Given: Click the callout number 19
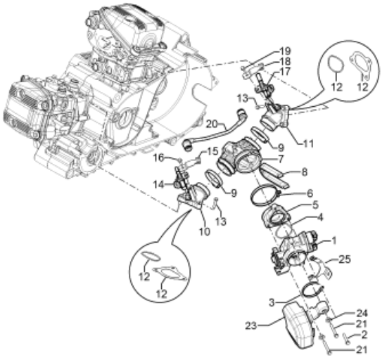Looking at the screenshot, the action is tap(285, 51).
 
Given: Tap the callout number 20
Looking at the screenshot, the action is tap(212, 124).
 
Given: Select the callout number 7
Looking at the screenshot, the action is tap(280, 159).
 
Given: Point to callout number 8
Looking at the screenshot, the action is tap(305, 172).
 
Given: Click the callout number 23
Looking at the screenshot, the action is tap(251, 326).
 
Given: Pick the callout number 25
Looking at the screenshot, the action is tap(344, 259).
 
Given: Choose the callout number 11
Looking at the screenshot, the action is tap(307, 143).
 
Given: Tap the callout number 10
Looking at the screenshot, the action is tap(205, 231).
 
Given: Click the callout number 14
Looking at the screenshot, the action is tap(159, 184).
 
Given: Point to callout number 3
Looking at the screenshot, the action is tap(272, 302).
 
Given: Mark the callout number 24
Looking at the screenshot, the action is tap(362, 314).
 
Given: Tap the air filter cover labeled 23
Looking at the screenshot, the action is tap(298, 326).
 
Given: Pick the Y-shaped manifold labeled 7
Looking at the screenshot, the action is tap(239, 156).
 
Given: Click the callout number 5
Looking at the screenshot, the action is tap(315, 205).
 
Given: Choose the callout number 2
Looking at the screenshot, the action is tap(364, 335).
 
